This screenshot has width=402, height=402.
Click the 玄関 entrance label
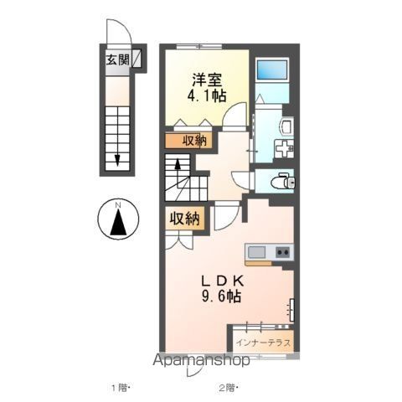point(116,59)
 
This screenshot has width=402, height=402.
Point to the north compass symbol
point(118,222)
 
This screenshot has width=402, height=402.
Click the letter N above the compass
point(118,204)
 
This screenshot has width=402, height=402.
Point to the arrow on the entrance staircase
point(118,151)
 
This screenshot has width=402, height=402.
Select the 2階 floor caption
point(228,387)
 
